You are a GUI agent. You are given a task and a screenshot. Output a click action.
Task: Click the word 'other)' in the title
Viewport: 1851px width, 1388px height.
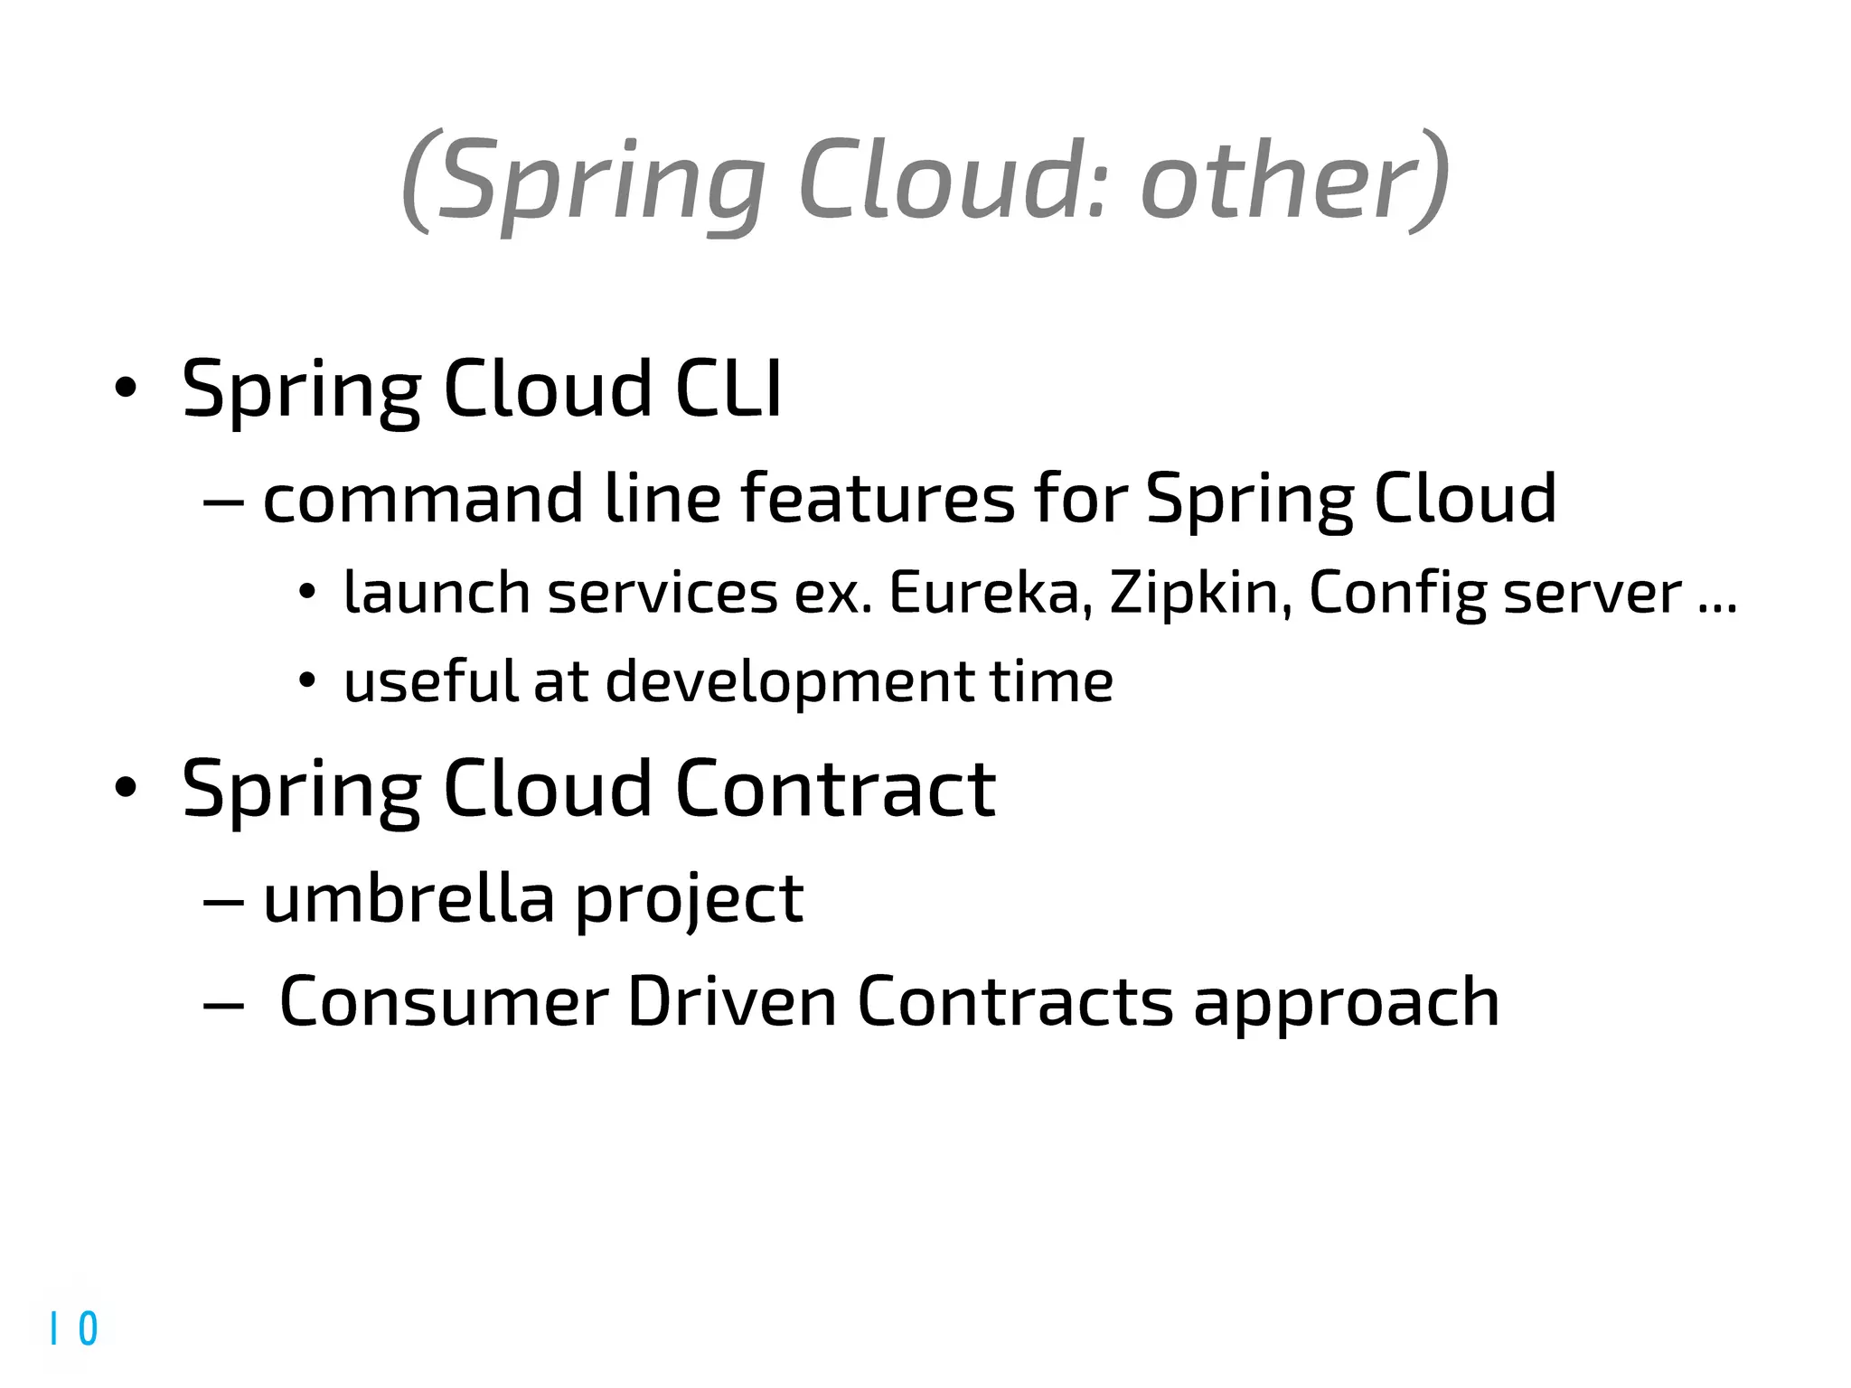tap(1294, 181)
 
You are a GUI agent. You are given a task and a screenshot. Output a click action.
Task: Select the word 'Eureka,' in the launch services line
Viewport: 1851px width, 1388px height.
tap(991, 593)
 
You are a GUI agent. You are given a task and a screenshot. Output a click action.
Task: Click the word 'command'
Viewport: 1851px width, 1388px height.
tap(423, 499)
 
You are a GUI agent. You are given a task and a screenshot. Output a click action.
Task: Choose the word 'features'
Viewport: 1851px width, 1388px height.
tap(878, 499)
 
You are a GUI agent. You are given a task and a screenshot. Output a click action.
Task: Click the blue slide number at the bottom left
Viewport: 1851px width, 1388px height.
tap(74, 1328)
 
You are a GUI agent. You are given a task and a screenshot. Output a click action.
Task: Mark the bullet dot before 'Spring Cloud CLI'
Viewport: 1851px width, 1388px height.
tap(126, 389)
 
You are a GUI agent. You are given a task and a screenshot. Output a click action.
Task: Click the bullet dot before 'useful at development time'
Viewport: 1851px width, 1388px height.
tap(307, 681)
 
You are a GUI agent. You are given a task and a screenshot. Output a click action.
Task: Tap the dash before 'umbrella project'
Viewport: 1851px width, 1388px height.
tap(223, 901)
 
